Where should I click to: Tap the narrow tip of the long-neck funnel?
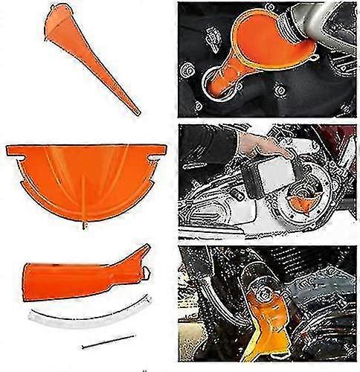(137, 112)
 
